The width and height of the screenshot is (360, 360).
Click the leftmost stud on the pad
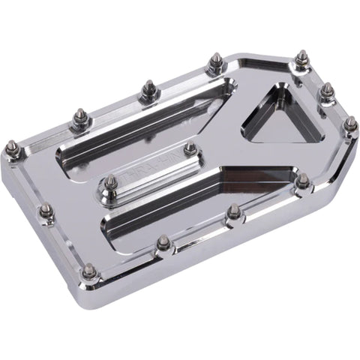pos(13,147)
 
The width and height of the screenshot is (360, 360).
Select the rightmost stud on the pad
pos(349,124)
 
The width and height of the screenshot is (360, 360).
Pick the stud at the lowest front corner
pos(89,271)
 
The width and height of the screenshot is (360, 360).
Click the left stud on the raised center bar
pos(111,182)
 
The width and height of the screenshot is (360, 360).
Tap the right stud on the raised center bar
pos(190,148)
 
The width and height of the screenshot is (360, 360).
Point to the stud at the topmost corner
pos(301,58)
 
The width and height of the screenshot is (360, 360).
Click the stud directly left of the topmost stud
pos(215,61)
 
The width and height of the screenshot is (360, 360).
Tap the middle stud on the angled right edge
pos(327,91)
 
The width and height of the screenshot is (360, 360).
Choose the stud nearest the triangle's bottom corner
pos(303,181)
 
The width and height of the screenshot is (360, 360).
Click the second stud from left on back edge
pos(79,118)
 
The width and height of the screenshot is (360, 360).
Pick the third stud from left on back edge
pos(147,90)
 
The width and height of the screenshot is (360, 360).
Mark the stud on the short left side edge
pos(46,211)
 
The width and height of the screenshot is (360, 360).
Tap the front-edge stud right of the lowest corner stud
pos(163,241)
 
